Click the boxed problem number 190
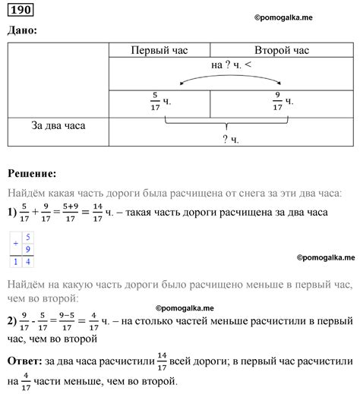23,10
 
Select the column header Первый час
159,50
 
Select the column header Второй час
283,50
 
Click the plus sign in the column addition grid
14,238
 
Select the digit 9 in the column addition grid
28,249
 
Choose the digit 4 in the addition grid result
28,262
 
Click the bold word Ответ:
30,358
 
